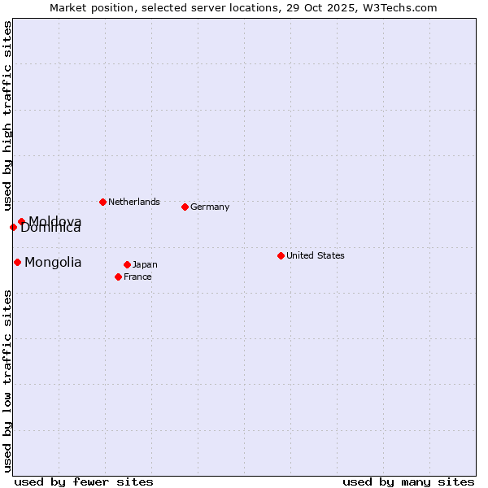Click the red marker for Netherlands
point(102,202)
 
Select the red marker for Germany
point(185,207)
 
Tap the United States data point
point(281,255)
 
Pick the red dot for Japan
point(127,264)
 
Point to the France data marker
point(118,277)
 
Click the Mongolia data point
point(17,262)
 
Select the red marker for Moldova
point(21,221)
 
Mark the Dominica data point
point(13,227)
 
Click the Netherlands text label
point(134,202)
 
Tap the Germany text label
point(210,207)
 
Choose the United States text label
point(316,255)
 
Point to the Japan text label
point(145,264)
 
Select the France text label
point(137,277)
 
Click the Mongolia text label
point(53,262)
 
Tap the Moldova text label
point(55,220)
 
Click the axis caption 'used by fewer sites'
point(84,481)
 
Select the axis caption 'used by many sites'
point(408,481)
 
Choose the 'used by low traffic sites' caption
point(7,381)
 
